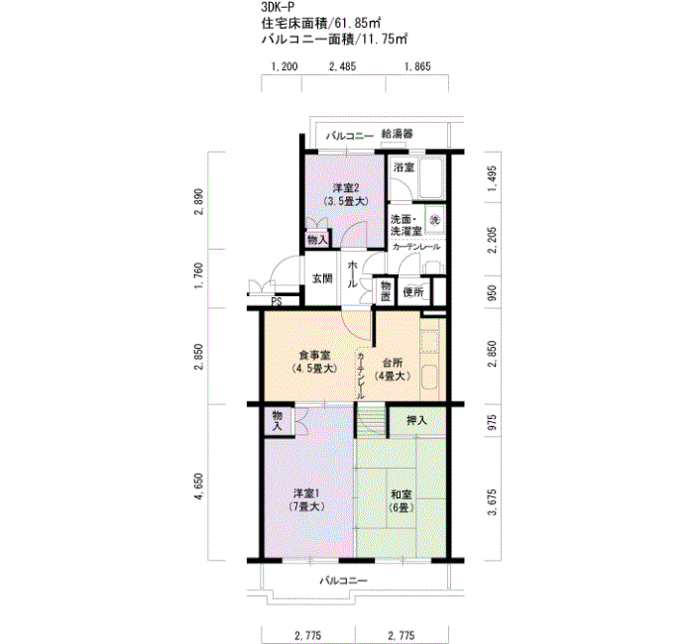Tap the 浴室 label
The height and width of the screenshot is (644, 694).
click(x=404, y=167)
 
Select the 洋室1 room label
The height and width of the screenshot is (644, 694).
click(x=306, y=494)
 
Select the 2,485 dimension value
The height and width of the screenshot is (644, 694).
click(x=341, y=67)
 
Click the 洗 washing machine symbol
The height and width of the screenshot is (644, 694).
click(x=433, y=217)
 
